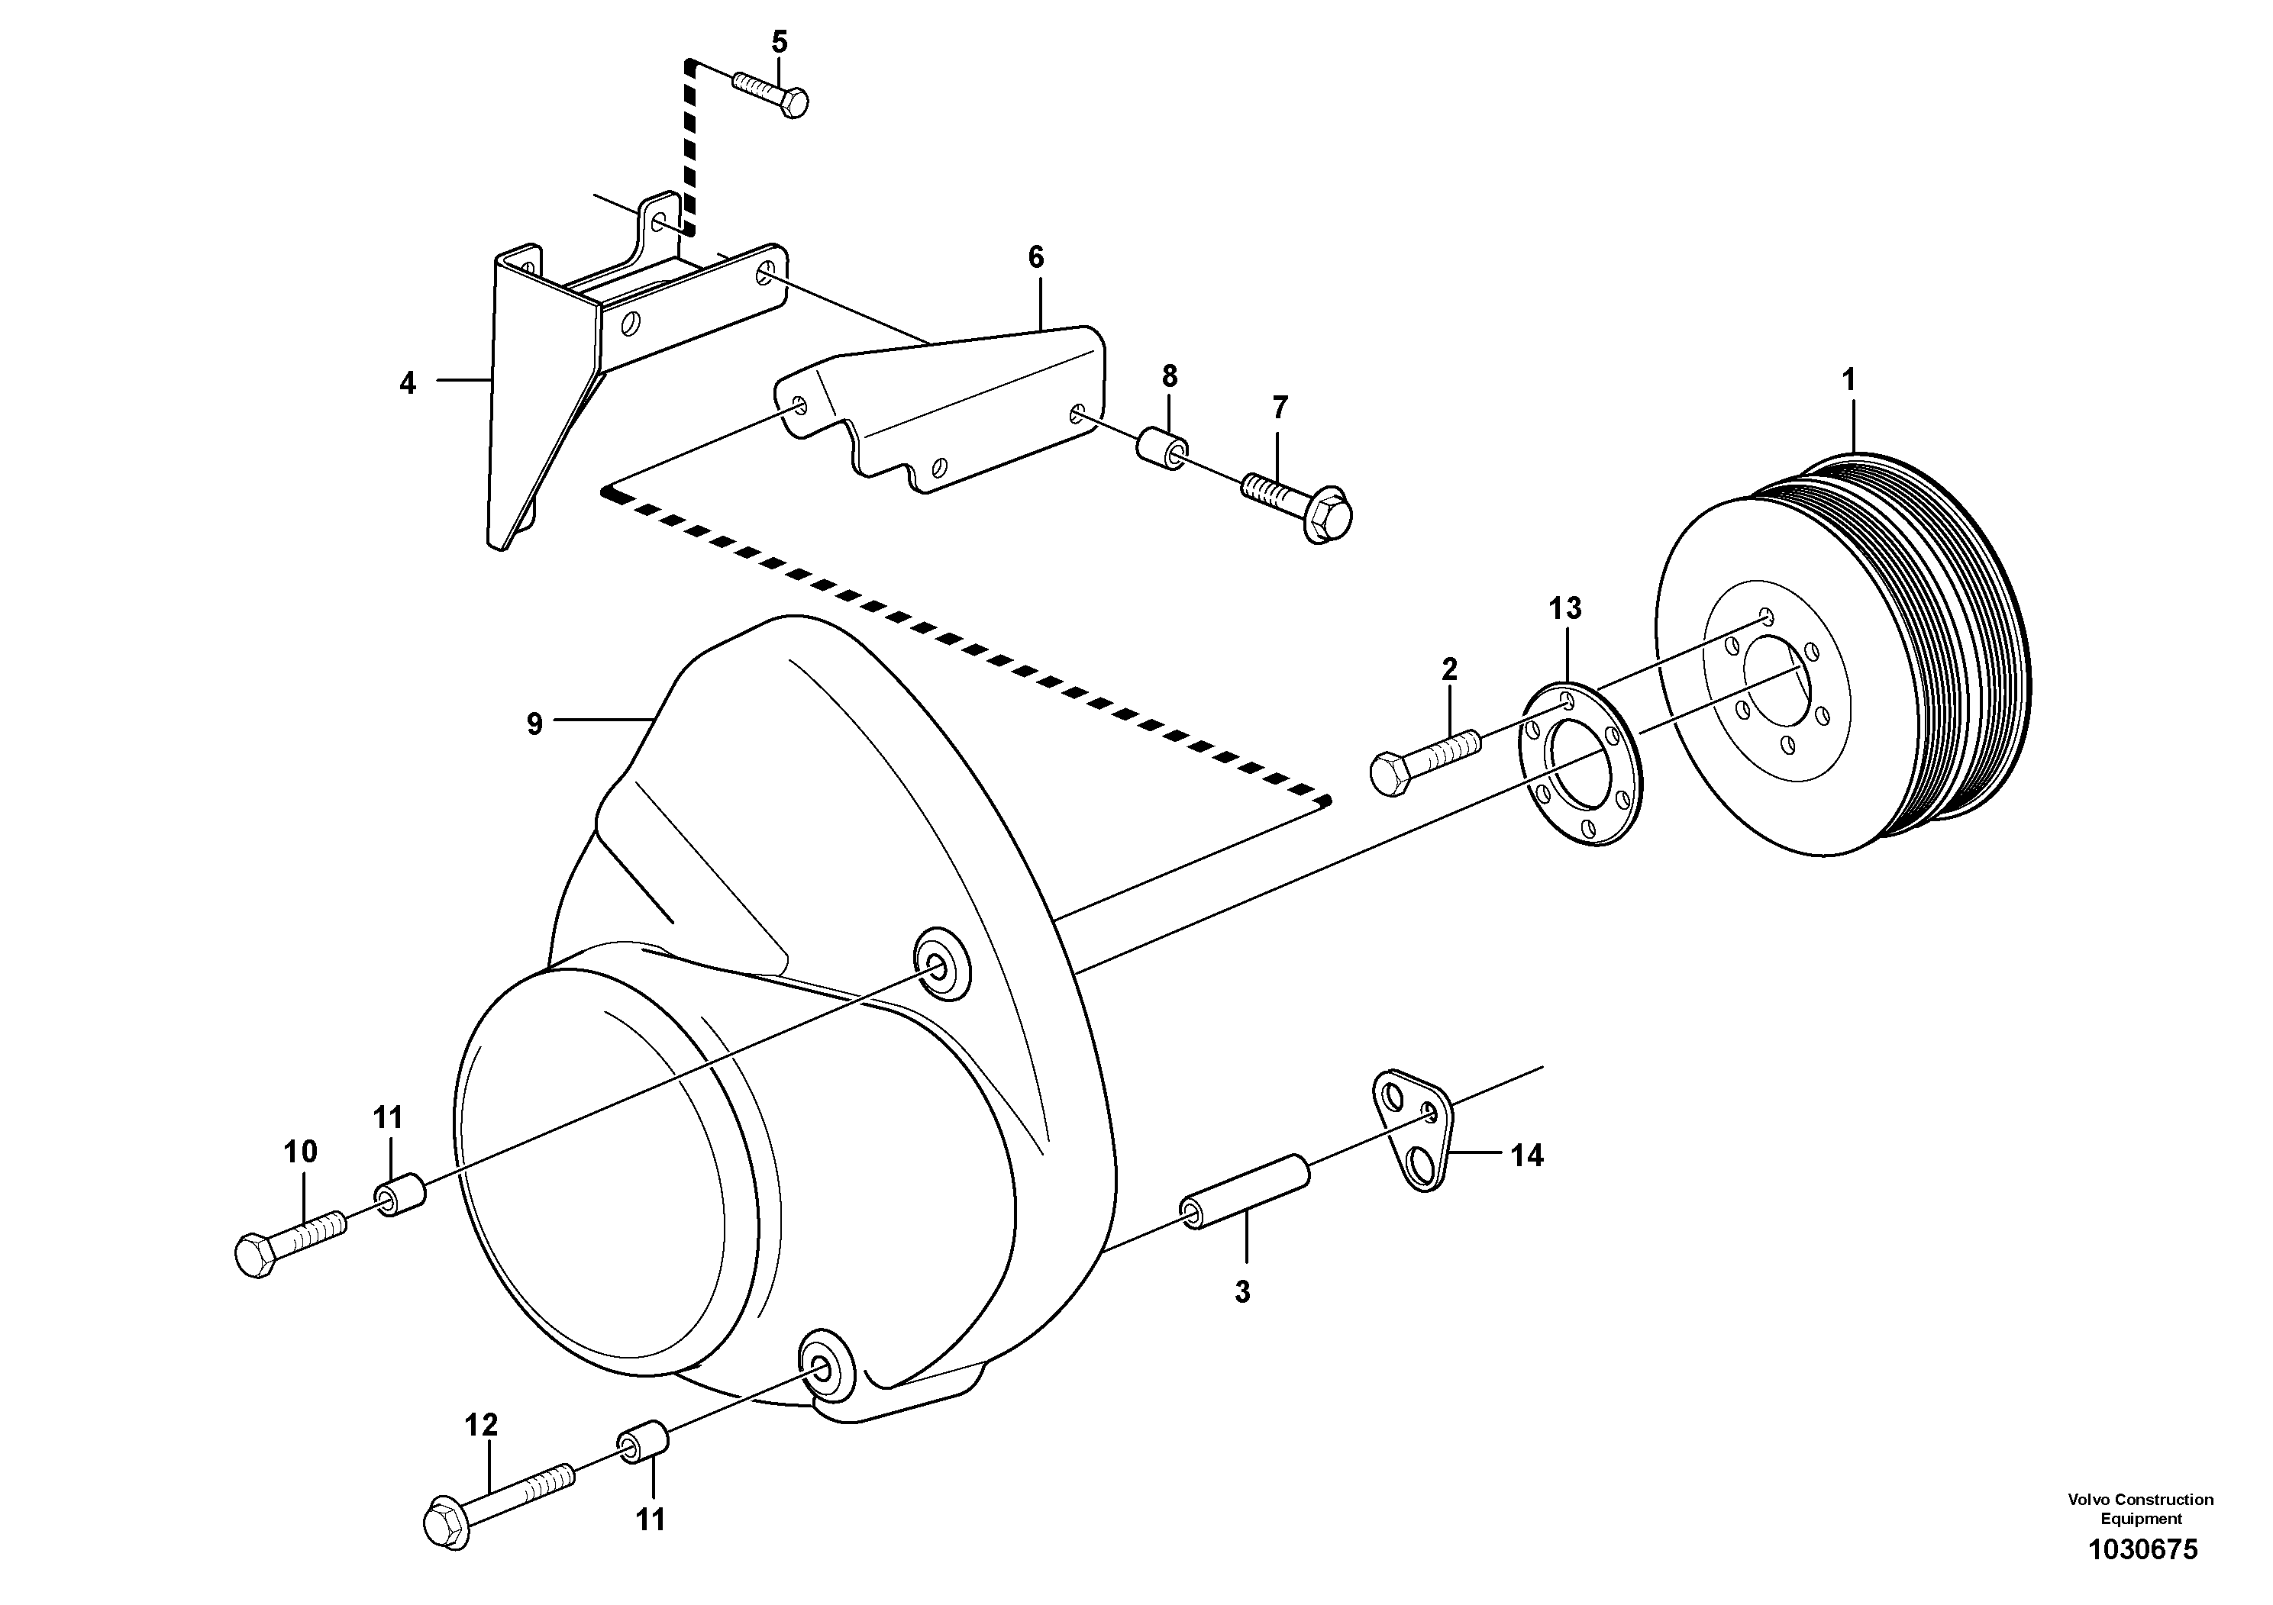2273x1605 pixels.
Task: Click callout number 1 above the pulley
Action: coord(1847,380)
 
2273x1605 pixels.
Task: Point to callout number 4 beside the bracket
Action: coord(408,384)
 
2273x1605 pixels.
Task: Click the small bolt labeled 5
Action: coord(771,91)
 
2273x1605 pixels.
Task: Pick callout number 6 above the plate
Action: coord(1035,258)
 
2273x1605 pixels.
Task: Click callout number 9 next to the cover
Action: coord(534,724)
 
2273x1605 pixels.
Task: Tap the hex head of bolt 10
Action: coord(256,1255)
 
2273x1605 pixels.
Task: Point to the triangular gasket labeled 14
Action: coord(1415,1128)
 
